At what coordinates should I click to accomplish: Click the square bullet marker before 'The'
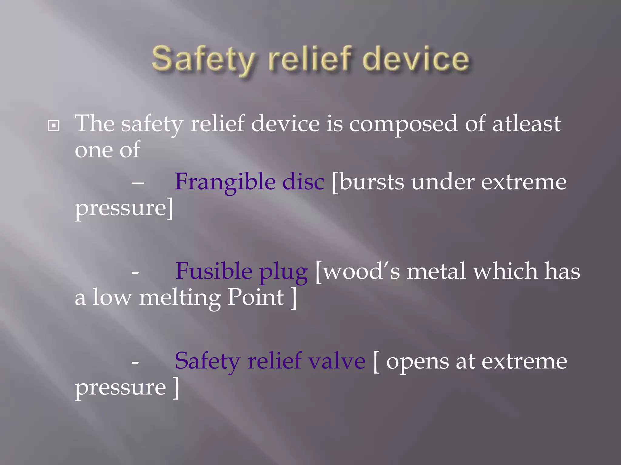pyautogui.click(x=54, y=125)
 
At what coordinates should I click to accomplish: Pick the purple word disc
pyautogui.click(x=303, y=182)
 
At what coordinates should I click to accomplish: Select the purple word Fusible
pyautogui.click(x=213, y=271)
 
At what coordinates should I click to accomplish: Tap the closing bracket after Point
pyautogui.click(x=294, y=298)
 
